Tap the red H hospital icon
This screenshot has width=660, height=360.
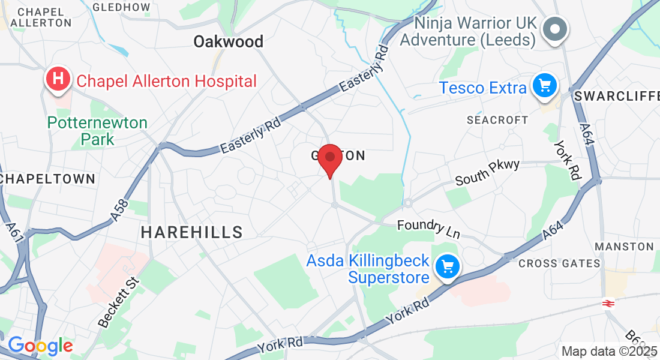[x=58, y=79]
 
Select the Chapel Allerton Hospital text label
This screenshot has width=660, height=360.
[x=166, y=80]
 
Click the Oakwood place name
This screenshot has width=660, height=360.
[x=228, y=41]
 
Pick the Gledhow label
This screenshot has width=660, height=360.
[x=122, y=7]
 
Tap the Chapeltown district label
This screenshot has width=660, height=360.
[x=47, y=179]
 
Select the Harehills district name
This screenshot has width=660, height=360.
[x=192, y=232]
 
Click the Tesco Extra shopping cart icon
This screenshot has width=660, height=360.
[x=545, y=87]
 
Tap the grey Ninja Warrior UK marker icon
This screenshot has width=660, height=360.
[x=556, y=28]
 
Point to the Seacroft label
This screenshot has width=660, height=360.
[x=497, y=120]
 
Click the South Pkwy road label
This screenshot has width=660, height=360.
[x=487, y=173]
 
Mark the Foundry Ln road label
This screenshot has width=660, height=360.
[x=428, y=228]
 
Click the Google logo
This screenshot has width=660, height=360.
[x=40, y=346]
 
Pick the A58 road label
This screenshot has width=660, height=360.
[x=120, y=212]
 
